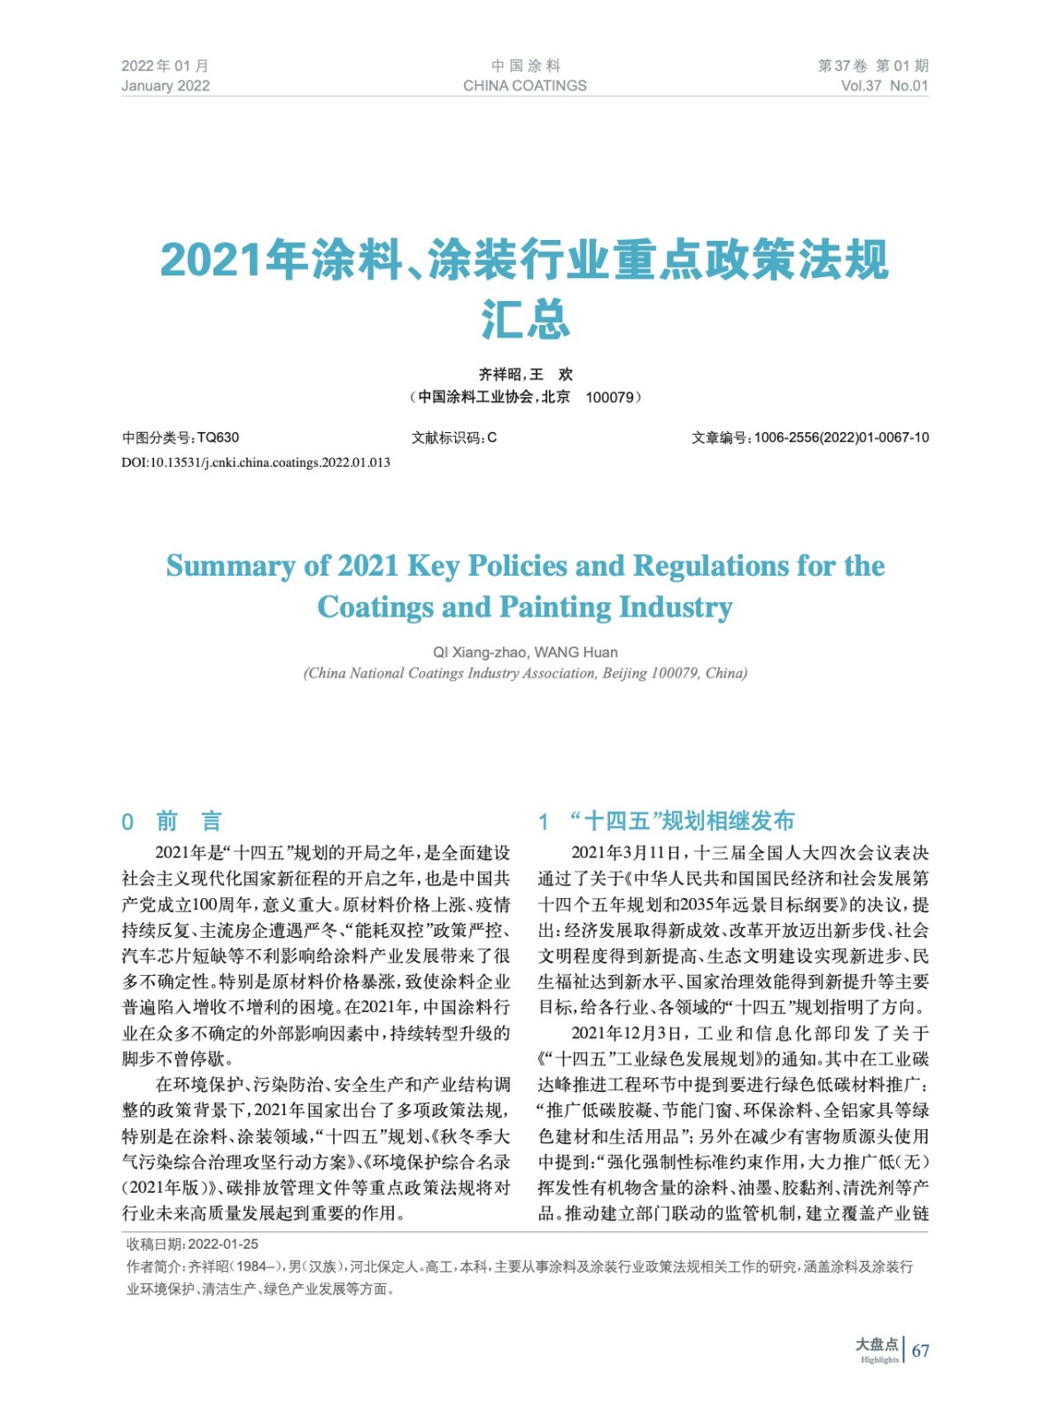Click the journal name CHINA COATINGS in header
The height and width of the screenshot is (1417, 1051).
point(524,86)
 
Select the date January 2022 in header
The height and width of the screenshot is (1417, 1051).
point(166,86)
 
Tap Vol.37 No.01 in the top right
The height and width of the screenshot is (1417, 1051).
point(884,86)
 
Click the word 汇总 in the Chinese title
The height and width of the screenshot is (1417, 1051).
point(525,319)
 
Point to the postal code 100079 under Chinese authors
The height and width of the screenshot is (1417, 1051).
point(610,398)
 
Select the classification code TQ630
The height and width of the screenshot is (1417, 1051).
point(218,437)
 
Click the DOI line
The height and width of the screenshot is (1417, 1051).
point(256,462)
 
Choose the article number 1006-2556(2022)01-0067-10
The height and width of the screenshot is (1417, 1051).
point(841,437)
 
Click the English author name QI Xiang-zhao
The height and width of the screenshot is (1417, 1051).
point(479,653)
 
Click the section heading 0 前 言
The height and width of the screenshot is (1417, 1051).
point(172,821)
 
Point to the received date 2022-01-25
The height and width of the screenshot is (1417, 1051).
point(223,1244)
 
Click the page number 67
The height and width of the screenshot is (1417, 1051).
point(921,1351)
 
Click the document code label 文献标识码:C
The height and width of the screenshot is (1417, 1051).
point(454,437)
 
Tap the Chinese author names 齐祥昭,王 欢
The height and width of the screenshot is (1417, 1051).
point(525,375)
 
